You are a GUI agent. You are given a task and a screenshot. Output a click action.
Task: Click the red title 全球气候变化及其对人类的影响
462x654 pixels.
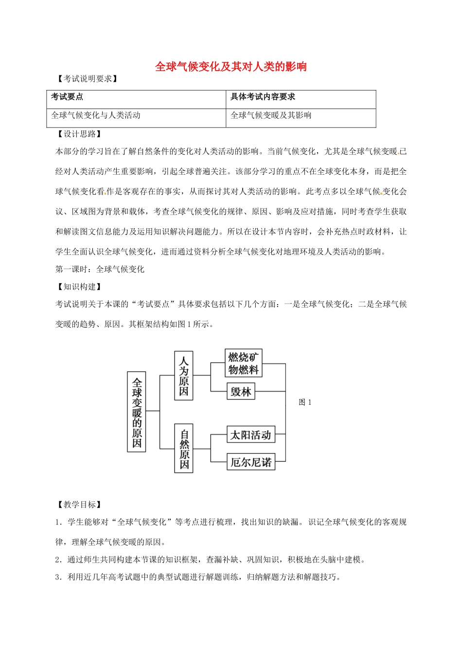(231, 67)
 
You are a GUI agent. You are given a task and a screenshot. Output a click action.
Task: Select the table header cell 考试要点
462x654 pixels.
(67, 97)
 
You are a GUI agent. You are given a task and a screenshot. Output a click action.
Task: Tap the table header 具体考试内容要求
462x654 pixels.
(263, 97)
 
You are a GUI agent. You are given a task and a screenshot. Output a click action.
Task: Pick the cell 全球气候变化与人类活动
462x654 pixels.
(96, 115)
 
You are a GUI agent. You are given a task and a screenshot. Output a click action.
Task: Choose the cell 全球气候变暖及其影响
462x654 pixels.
(271, 115)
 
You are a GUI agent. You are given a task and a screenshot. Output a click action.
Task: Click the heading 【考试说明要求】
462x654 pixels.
(88, 79)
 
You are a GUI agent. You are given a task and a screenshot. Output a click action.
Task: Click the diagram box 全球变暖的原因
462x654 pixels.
(137, 412)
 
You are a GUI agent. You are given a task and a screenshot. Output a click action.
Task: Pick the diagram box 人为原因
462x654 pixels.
(184, 376)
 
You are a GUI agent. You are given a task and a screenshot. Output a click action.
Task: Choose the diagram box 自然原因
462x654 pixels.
(184, 448)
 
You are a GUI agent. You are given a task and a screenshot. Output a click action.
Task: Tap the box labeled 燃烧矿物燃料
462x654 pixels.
(243, 363)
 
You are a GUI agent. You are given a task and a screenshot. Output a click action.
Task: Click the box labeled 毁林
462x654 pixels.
(241, 392)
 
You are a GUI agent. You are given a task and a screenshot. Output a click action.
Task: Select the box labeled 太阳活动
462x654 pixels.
(250, 435)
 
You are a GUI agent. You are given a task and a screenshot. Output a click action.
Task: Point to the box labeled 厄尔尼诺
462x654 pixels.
(251, 462)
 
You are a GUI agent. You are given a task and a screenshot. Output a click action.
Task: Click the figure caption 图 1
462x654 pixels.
(305, 402)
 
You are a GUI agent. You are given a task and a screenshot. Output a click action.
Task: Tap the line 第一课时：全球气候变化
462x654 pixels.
(100, 269)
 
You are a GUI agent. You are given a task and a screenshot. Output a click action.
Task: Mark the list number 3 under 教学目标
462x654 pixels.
(58, 577)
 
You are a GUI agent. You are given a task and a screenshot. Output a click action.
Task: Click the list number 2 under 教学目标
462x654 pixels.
(58, 560)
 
